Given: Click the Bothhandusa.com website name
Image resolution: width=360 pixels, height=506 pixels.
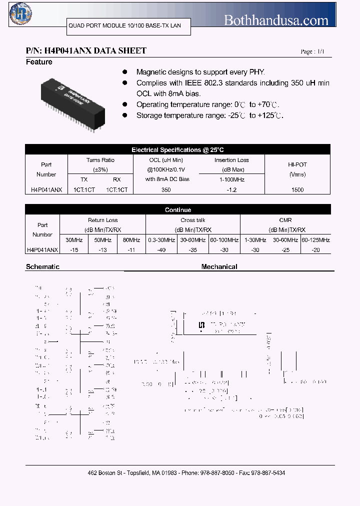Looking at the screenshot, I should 276,20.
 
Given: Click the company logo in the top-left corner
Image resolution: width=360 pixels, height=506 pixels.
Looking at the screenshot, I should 19,14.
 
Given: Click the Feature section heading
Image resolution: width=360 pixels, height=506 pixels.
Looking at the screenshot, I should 39,62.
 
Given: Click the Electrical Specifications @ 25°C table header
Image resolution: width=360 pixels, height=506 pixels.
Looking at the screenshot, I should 178,149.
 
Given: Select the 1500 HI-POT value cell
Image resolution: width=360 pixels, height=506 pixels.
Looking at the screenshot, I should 297,190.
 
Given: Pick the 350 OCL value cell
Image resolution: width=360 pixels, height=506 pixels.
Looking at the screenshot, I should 166,190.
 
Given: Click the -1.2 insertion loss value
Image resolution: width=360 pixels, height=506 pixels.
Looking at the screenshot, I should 231,190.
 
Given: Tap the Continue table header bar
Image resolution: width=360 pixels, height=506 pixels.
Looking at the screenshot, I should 178,210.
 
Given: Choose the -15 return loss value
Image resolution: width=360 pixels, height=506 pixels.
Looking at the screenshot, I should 74,249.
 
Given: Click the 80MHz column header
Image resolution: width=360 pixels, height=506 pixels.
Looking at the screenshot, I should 131,240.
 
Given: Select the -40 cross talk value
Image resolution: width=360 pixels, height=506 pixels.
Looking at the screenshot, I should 161,249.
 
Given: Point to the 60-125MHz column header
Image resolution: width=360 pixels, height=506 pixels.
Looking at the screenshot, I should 315,240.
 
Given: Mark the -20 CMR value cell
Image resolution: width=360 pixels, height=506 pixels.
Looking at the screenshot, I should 315,249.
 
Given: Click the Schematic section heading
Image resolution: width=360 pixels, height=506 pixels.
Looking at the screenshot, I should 42,267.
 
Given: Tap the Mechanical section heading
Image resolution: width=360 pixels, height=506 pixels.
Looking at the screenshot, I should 219,267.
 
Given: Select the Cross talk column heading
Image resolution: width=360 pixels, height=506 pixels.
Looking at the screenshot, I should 193,220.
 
